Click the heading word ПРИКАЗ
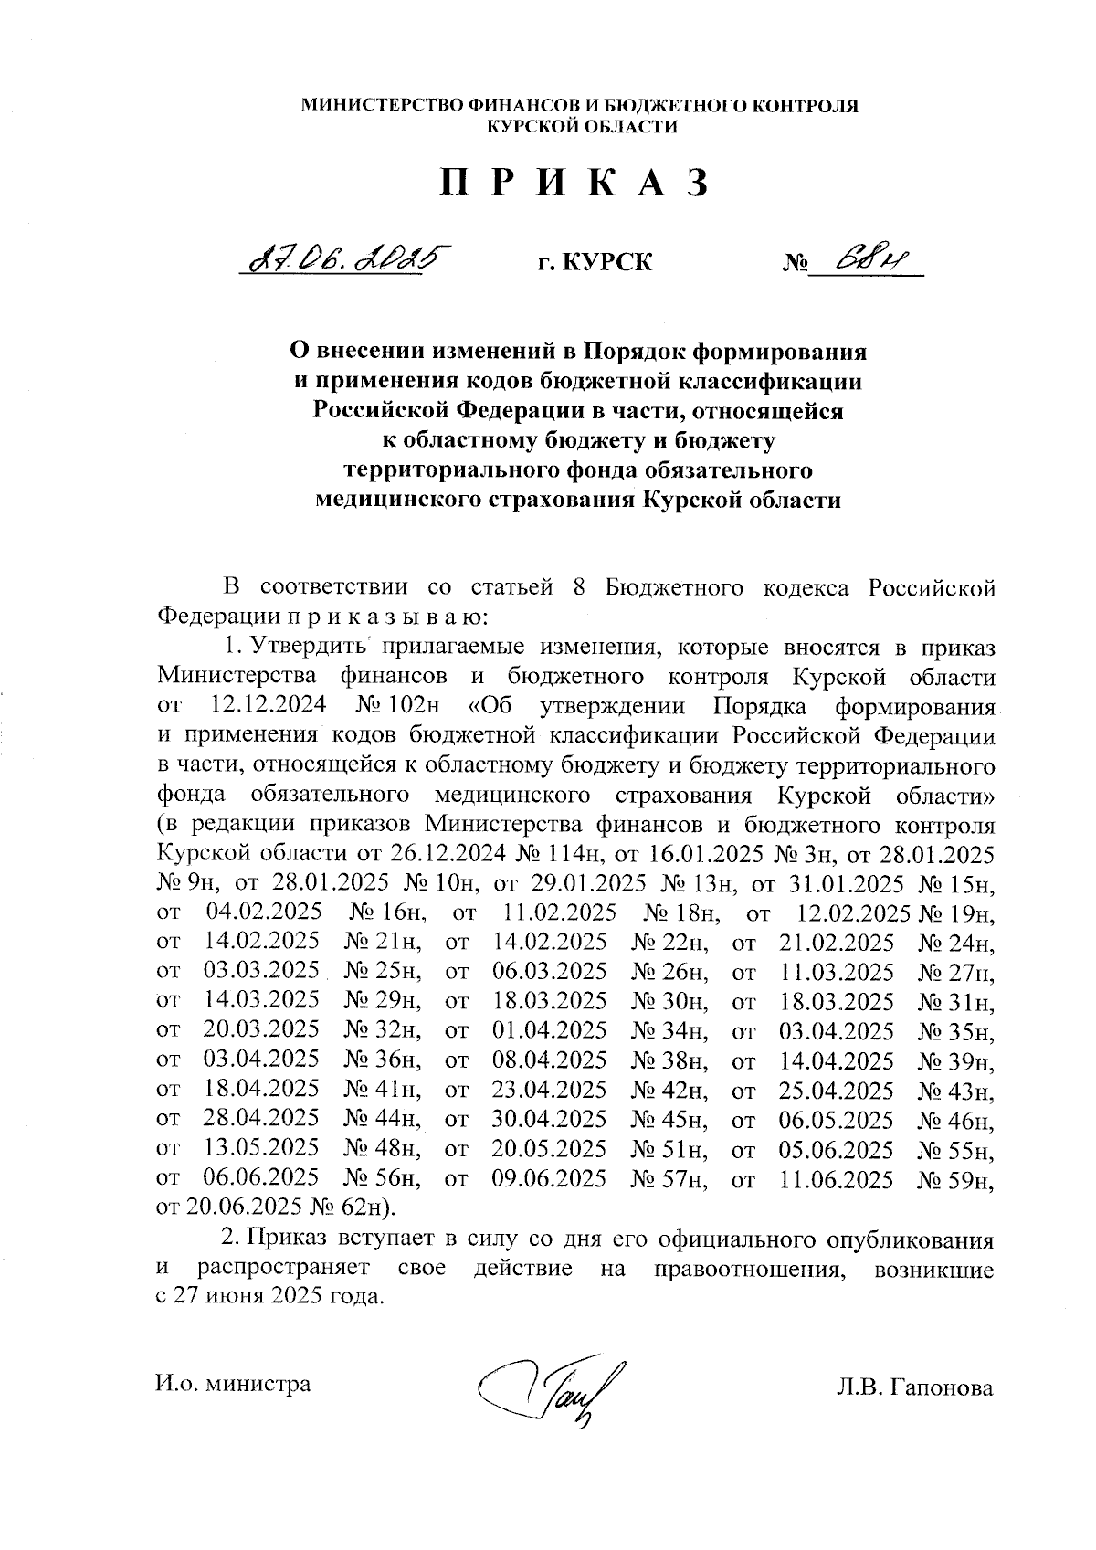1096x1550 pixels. pos(575,183)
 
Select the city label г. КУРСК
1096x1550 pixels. pos(595,263)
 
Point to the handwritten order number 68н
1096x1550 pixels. pos(865,260)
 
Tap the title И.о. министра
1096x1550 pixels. pos(234,1383)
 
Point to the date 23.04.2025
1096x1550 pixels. pos(549,1090)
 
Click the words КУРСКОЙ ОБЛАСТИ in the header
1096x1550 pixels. pos(582,127)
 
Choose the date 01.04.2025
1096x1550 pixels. pos(549,1030)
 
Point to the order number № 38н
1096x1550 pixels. pos(669,1060)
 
